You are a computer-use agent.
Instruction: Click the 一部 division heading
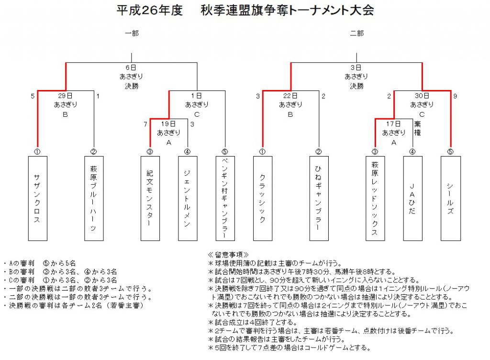(x=132, y=33)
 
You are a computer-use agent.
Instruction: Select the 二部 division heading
(x=356, y=33)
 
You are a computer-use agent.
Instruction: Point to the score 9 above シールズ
(x=455, y=96)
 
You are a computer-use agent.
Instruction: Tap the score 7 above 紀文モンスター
(x=145, y=124)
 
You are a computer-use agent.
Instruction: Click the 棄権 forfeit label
(x=417, y=128)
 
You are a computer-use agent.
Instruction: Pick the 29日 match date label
(x=65, y=96)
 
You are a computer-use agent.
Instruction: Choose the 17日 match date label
(x=393, y=124)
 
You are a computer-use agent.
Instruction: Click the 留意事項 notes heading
(x=228, y=255)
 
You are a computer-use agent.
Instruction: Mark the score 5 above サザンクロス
(x=33, y=96)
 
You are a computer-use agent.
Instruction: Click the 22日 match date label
(x=290, y=96)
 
